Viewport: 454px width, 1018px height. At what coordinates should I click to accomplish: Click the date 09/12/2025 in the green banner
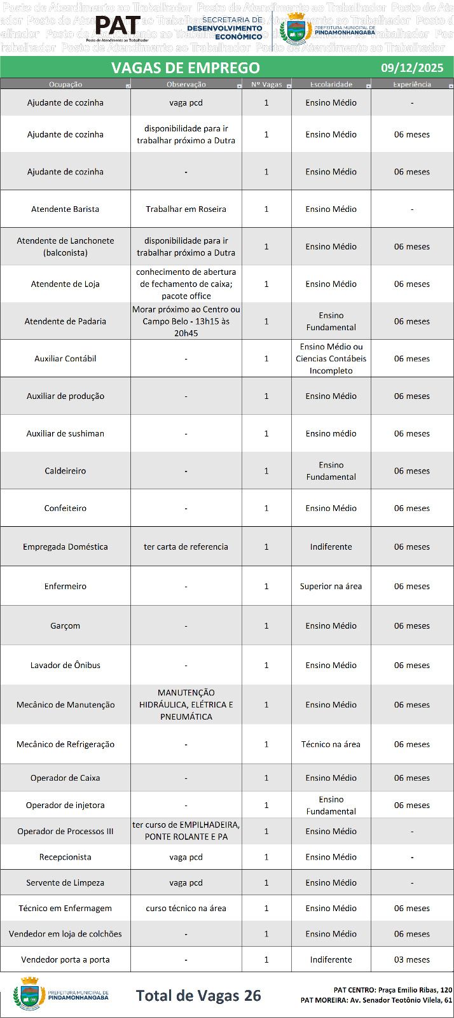click(411, 67)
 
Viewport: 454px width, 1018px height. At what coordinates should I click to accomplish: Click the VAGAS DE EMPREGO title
click(186, 67)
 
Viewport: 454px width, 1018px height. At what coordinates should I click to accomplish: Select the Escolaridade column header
click(331, 84)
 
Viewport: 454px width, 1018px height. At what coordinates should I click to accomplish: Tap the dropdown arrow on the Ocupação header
click(128, 85)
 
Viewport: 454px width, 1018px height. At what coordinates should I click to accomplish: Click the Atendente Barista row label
click(65, 209)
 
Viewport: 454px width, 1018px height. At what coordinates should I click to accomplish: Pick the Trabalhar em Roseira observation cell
click(186, 209)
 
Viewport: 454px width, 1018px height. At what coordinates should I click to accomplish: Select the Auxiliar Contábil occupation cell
click(65, 358)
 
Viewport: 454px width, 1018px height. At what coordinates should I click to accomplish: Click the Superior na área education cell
click(331, 586)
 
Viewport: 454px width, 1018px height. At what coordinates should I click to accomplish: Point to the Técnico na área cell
click(331, 744)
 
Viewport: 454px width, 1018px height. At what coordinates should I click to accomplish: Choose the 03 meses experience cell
click(411, 959)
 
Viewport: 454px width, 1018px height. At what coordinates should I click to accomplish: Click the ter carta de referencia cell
click(186, 547)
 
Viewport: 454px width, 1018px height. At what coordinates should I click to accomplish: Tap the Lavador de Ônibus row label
click(65, 665)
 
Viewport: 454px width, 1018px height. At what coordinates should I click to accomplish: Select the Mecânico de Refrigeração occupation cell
click(65, 744)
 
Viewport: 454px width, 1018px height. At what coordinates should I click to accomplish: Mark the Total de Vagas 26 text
click(198, 995)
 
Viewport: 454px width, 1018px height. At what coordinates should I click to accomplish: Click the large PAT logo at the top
click(118, 27)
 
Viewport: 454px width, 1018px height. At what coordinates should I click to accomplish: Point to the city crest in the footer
click(29, 994)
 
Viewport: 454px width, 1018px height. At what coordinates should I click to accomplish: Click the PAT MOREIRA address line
click(376, 1000)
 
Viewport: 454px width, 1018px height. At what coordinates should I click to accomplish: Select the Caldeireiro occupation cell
click(65, 471)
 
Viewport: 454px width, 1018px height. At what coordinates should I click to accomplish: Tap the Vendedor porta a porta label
click(65, 959)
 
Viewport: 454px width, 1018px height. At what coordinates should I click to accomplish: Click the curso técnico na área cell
click(186, 908)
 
